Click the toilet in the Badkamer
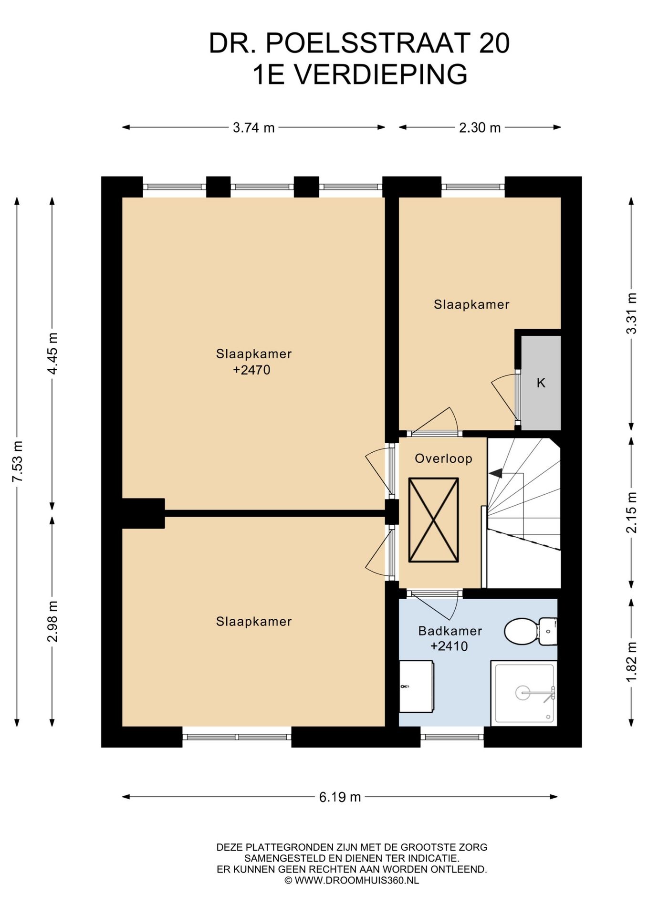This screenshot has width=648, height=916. [530, 631]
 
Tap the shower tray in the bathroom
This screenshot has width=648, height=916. [524, 693]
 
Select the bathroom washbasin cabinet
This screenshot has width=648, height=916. [416, 687]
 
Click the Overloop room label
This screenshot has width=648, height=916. [443, 458]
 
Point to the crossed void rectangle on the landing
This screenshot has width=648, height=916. [433, 520]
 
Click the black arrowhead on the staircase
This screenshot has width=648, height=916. [496, 473]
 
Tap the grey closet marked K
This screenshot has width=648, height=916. [541, 383]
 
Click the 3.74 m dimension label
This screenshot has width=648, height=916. [253, 128]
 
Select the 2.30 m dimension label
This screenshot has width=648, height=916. [480, 128]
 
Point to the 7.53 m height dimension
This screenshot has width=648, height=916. [18, 461]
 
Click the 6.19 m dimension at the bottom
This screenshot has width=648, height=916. [340, 797]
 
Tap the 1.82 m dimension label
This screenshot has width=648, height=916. [631, 662]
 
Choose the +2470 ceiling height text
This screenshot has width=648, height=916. [251, 370]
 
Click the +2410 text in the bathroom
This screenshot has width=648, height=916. [449, 646]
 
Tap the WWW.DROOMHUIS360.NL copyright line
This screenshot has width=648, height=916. [352, 880]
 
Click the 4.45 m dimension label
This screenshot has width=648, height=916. [52, 354]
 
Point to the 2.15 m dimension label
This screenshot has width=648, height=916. [631, 512]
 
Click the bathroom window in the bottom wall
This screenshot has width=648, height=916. [452, 737]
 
